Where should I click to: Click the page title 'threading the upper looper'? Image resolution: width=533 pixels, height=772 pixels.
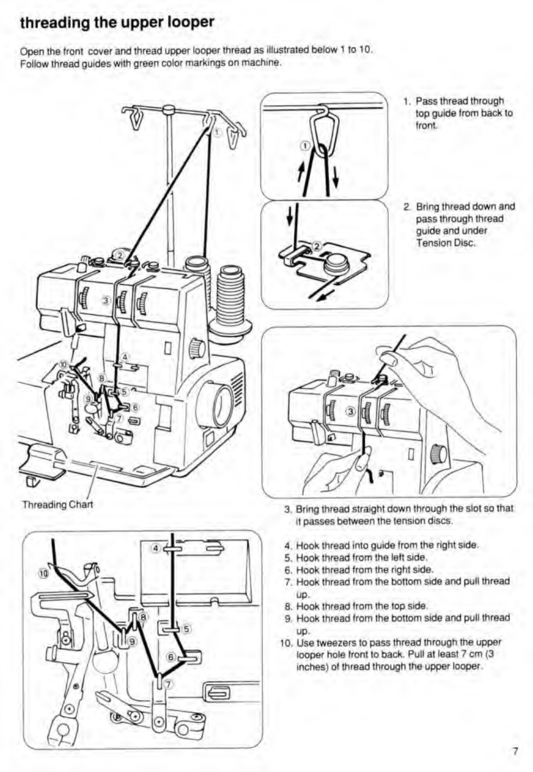[116, 23]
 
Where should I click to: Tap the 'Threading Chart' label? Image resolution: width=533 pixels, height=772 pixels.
[57, 504]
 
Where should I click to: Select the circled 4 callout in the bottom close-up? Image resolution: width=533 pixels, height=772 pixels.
[156, 547]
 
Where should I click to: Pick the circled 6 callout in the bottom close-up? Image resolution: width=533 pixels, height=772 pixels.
[171, 657]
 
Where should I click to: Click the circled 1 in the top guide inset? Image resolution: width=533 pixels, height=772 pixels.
[305, 146]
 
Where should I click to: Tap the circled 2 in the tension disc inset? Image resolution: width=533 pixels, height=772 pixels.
[317, 245]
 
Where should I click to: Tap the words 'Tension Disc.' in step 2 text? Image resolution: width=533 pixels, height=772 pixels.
[446, 243]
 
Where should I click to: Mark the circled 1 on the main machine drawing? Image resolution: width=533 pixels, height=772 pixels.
[217, 132]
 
